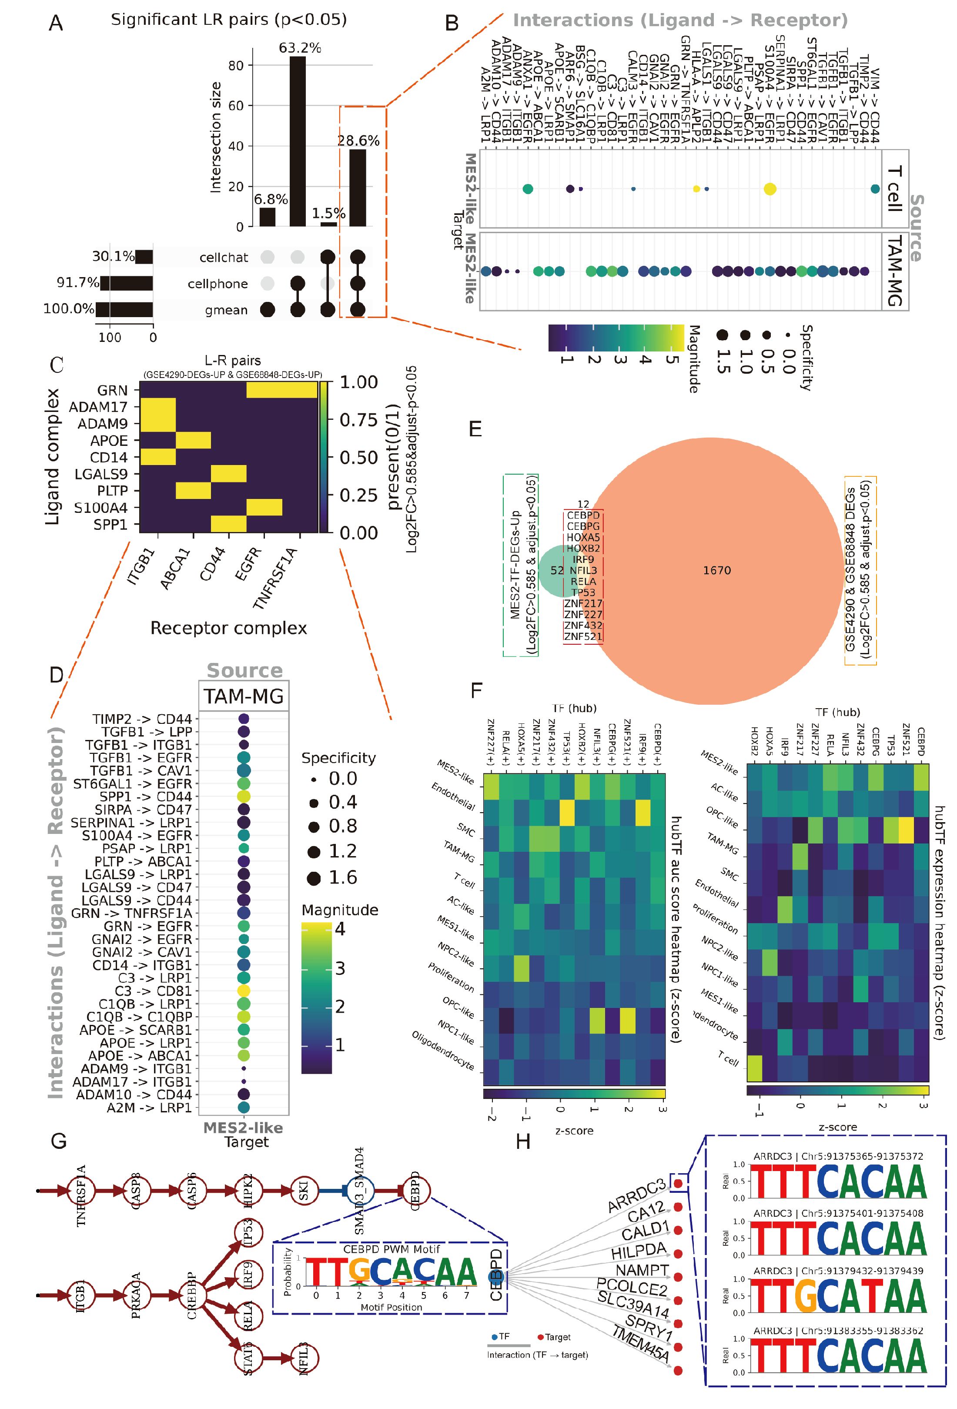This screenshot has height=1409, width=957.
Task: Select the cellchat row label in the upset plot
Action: tap(224, 258)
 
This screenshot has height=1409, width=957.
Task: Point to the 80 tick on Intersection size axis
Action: tap(236, 66)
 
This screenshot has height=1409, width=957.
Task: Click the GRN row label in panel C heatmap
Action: tap(113, 391)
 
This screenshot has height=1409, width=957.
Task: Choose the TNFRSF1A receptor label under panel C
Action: tap(276, 578)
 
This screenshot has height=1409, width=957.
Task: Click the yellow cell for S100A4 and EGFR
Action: tap(264, 507)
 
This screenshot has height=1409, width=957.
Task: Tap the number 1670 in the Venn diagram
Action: tap(717, 570)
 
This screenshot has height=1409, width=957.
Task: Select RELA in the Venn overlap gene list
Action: tap(583, 582)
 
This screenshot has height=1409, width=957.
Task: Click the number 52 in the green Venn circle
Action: tap(557, 570)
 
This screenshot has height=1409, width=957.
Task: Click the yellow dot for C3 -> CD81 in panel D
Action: tap(244, 991)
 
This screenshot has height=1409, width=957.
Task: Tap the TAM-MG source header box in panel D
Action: tap(244, 696)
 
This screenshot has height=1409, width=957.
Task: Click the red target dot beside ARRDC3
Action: tap(679, 1183)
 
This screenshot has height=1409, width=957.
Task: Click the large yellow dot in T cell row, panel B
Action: tap(770, 189)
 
